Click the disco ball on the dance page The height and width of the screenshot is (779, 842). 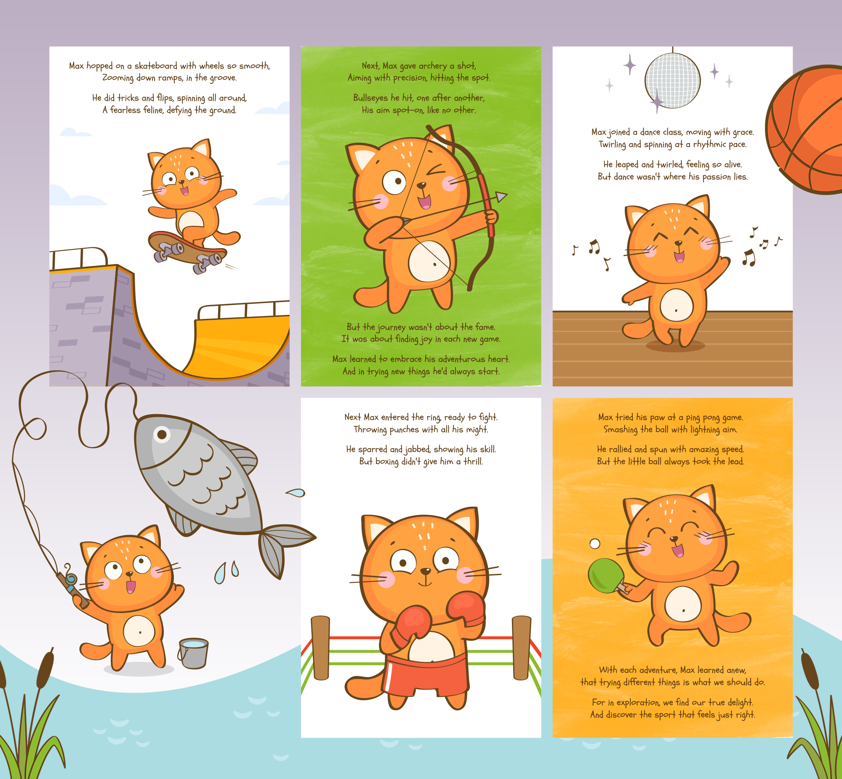tap(672, 80)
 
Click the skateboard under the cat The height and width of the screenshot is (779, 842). tap(188, 251)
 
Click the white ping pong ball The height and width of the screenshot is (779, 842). tap(595, 544)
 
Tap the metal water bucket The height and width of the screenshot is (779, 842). tap(193, 653)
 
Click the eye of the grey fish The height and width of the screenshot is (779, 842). tap(162, 434)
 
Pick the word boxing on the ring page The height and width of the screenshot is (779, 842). tap(386, 462)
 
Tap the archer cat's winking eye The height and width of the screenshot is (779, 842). tap(437, 170)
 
